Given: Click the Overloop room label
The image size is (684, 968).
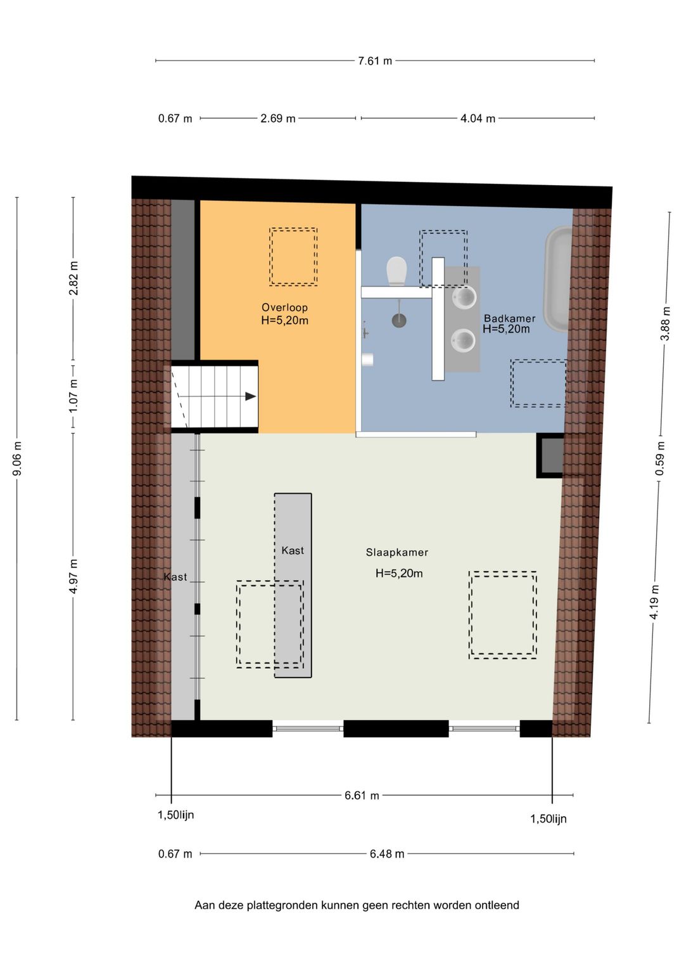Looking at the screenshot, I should [x=284, y=307].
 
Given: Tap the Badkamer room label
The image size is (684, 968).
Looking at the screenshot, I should [x=509, y=318].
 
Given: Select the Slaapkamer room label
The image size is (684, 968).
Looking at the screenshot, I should [x=397, y=552].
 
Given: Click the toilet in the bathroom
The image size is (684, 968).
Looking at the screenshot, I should [x=396, y=271].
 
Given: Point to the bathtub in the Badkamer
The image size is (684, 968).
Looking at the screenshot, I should [x=558, y=279].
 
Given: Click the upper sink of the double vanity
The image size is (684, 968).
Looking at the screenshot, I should [x=464, y=297].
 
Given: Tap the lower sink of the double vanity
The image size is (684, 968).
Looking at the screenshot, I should [x=463, y=341].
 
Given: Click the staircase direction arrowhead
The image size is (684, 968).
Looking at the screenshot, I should [x=251, y=396].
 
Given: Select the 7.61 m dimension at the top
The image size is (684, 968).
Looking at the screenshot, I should [x=375, y=61].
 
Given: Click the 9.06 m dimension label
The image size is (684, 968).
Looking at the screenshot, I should [x=17, y=458].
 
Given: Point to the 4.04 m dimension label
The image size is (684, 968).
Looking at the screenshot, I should [x=478, y=119].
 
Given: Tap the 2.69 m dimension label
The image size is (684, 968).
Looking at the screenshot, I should [x=278, y=119].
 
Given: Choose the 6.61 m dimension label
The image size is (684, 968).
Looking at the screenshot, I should [x=362, y=796].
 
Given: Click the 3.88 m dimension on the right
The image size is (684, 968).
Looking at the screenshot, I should [x=665, y=323].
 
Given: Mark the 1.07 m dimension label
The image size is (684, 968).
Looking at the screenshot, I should [x=73, y=396].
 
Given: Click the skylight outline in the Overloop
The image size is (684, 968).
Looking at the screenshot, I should [x=293, y=257].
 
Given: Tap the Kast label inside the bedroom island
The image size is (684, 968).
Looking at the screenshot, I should [x=293, y=550].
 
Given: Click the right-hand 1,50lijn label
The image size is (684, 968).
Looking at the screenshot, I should [x=548, y=819].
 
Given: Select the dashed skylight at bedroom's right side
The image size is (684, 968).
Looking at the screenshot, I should [x=503, y=615].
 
